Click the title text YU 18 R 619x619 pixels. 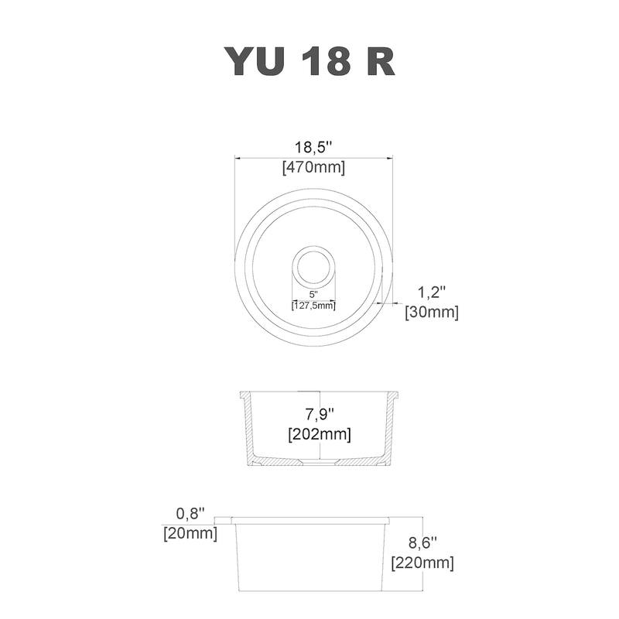click(309, 61)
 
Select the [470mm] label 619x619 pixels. click(314, 166)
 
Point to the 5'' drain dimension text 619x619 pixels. click(313, 294)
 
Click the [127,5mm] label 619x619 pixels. click(313, 305)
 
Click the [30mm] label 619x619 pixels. click(432, 313)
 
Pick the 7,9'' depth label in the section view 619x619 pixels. click(319, 413)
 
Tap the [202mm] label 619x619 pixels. click(319, 434)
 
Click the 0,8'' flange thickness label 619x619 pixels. click(190, 513)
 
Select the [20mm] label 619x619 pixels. click(190, 533)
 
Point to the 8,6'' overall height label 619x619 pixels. click(422, 542)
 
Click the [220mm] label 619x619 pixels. click(422, 563)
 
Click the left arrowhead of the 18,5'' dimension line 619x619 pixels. click(239, 158)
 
